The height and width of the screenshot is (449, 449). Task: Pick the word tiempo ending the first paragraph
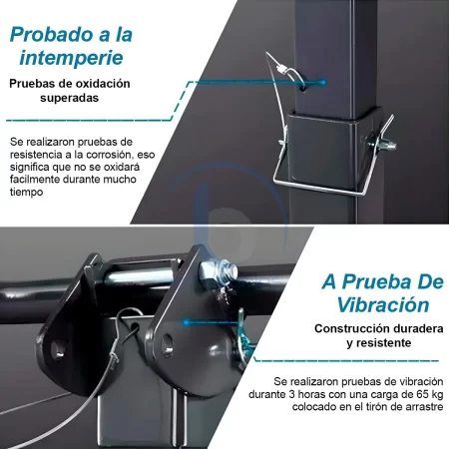pos(26,193)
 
